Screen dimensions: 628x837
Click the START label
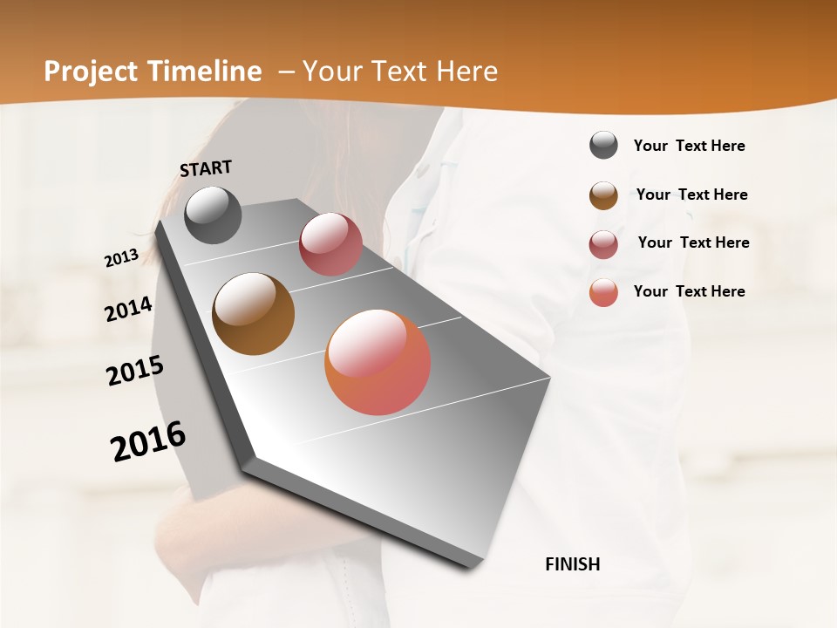click(x=206, y=168)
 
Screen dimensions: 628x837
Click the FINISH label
click(x=572, y=564)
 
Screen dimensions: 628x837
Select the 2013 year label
click(x=121, y=258)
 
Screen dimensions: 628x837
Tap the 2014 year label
click(x=129, y=309)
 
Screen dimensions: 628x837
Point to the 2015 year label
click(x=135, y=371)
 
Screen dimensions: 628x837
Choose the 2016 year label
click(x=148, y=441)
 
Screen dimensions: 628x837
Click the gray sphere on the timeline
click(x=213, y=215)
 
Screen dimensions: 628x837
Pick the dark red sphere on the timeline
click(x=330, y=244)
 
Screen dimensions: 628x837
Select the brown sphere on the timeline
click(x=254, y=314)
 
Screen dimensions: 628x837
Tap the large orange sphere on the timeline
click(x=378, y=362)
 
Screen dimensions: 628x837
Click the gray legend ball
click(x=603, y=145)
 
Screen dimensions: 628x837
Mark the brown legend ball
click(x=603, y=195)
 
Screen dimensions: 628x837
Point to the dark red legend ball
click(x=603, y=244)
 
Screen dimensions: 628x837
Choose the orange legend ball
click(x=603, y=292)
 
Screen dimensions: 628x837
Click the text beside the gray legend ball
click(x=689, y=147)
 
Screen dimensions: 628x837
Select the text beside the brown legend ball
click(x=691, y=195)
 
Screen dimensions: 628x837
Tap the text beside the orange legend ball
click(x=689, y=291)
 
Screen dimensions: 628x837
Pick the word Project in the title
click(x=87, y=72)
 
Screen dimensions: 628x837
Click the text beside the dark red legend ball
click(x=693, y=242)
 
